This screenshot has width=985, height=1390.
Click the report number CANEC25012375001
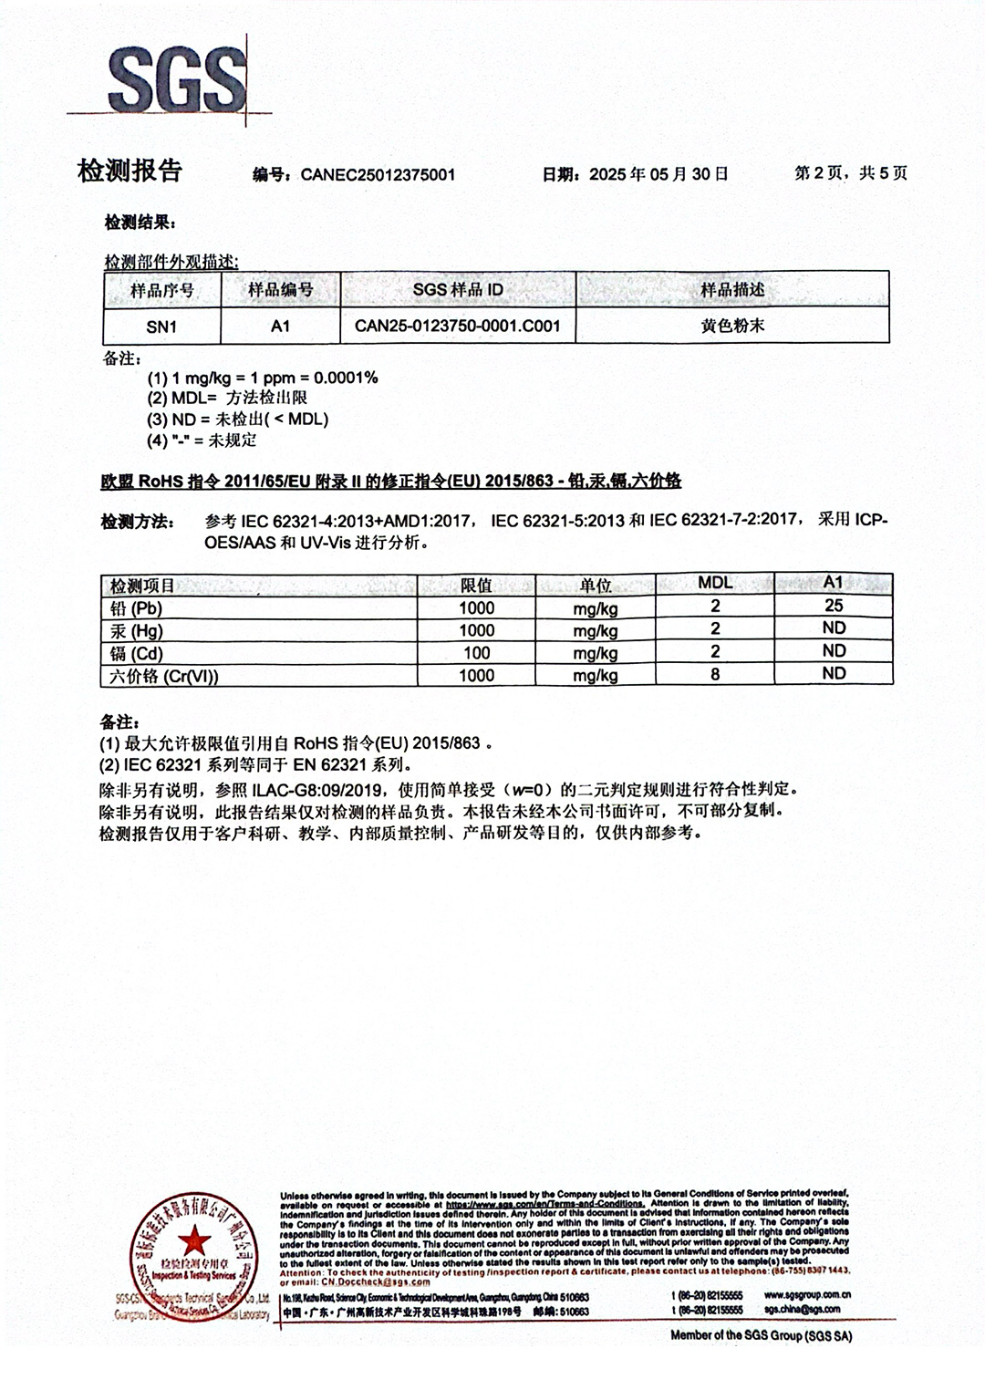[x=378, y=174]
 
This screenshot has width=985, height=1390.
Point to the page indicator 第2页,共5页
[x=850, y=173]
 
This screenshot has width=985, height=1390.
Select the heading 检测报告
[x=130, y=171]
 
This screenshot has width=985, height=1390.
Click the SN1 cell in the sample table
[x=161, y=326]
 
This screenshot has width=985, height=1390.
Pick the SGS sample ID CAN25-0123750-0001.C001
[x=457, y=326]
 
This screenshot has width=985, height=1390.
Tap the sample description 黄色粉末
[x=732, y=326]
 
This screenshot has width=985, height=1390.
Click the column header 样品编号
[x=280, y=290]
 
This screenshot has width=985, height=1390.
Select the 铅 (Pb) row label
[x=136, y=608]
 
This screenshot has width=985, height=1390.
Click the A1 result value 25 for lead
[x=833, y=606]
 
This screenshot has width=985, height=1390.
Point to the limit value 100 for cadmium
[x=476, y=653]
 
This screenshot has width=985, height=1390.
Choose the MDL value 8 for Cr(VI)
[x=715, y=675]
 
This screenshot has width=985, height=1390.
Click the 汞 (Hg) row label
[x=136, y=631]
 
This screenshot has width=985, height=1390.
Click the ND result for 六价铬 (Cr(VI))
[x=833, y=674]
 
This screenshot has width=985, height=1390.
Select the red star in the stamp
[x=193, y=1240]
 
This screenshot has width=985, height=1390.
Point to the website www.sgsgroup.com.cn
[x=807, y=1295]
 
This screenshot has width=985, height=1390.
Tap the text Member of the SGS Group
[x=761, y=1335]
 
